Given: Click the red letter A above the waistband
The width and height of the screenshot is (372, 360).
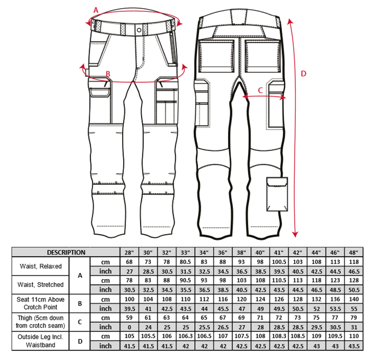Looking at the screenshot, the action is pyautogui.click(x=96, y=10).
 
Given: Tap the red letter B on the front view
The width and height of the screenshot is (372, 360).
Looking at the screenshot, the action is pyautogui.click(x=108, y=74).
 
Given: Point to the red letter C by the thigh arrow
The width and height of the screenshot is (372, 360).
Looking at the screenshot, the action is pyautogui.click(x=260, y=90).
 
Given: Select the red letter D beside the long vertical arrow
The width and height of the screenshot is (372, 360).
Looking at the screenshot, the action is pyautogui.click(x=303, y=74).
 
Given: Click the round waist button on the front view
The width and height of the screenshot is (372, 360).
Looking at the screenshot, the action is pyautogui.click(x=139, y=30).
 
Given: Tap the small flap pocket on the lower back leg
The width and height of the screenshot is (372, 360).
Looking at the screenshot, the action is pyautogui.click(x=277, y=194).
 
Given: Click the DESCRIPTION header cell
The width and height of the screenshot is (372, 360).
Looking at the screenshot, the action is pyautogui.click(x=66, y=252).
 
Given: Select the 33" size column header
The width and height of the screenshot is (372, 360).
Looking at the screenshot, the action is pyautogui.click(x=185, y=252).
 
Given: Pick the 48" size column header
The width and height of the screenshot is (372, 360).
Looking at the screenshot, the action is pyautogui.click(x=354, y=252).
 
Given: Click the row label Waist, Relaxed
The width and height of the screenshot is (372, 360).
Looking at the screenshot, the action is pyautogui.click(x=41, y=266).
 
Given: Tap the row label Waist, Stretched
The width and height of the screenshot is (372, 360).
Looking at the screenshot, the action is pyautogui.click(x=41, y=284).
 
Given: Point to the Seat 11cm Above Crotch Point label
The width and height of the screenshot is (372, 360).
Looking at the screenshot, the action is pyautogui.click(x=41, y=303).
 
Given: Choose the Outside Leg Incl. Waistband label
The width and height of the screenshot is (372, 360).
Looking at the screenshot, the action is pyautogui.click(x=41, y=341).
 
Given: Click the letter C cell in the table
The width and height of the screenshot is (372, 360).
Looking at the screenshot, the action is pyautogui.click(x=79, y=322).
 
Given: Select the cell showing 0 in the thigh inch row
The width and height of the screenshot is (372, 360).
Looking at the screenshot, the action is pyautogui.click(x=129, y=327).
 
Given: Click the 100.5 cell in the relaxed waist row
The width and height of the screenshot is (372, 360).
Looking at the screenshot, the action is pyautogui.click(x=279, y=262).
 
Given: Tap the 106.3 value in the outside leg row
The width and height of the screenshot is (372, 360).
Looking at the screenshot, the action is pyautogui.click(x=185, y=336).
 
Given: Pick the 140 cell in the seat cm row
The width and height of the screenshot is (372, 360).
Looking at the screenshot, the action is pyautogui.click(x=354, y=299).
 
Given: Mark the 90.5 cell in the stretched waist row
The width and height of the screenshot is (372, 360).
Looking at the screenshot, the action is pyautogui.click(x=185, y=281).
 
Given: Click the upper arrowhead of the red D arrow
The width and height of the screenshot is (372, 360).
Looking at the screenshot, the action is pyautogui.click(x=290, y=21).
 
